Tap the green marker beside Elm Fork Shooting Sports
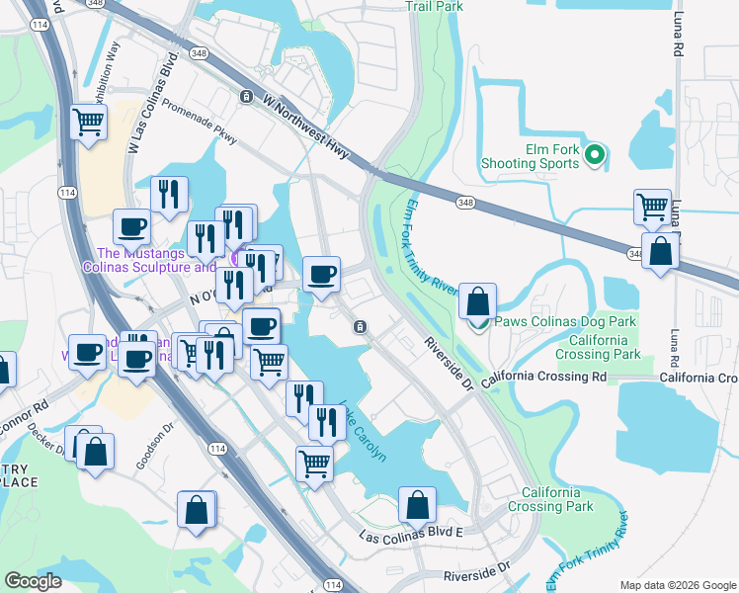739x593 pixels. (595, 155)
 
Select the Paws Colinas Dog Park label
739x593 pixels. (565, 321)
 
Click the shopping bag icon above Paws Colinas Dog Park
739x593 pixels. (478, 302)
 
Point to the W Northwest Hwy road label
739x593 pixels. (306, 125)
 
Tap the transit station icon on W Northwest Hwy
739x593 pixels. (246, 96)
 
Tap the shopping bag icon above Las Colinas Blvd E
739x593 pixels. (418, 505)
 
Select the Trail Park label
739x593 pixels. (434, 6)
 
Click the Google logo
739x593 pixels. (33, 581)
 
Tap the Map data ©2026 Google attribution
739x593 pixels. (677, 584)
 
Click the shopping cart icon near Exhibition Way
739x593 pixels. (89, 123)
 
